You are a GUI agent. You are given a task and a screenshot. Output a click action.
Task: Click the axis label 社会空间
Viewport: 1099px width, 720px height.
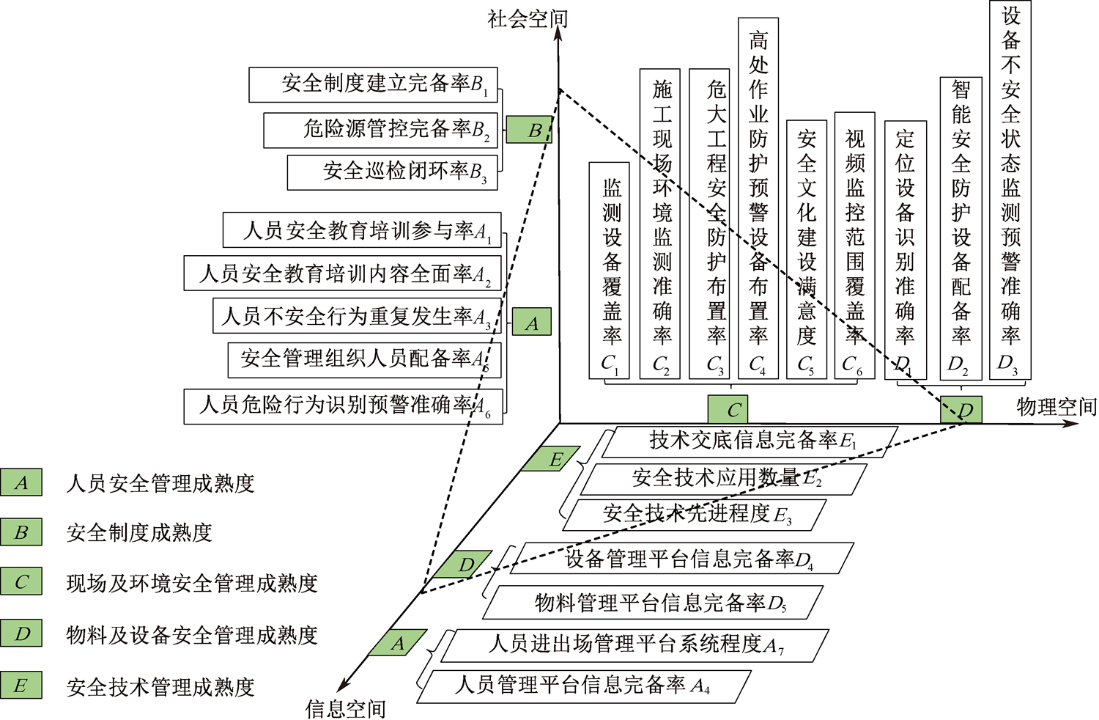527,19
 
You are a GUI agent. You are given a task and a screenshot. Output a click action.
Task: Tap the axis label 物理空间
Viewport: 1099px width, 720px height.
1056,408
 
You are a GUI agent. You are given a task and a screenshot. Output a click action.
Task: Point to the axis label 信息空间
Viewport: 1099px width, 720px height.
345,708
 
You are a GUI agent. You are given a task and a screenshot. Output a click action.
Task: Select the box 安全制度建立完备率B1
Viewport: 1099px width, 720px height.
374,85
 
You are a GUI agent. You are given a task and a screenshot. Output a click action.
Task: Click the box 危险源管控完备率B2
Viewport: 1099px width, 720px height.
381,130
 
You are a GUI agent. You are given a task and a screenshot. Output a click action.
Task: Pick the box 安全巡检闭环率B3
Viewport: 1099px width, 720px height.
393,172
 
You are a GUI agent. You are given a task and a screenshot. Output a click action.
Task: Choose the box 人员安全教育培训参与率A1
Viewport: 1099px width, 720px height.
362,231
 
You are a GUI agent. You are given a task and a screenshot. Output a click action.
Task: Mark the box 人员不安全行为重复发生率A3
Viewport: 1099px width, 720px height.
357,316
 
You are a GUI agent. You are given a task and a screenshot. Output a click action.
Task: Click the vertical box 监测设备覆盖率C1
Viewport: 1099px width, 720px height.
610,270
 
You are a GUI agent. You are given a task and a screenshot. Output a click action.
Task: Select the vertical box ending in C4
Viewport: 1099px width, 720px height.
758,198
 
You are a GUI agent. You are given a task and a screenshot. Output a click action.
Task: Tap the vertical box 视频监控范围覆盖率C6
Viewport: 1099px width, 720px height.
854,246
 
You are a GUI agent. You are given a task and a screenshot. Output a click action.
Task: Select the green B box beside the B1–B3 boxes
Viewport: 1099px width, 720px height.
529,131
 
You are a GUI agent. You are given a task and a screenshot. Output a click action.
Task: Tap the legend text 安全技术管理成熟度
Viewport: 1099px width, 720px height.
160,687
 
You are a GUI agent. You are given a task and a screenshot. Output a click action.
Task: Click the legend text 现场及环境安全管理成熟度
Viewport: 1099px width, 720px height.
192,584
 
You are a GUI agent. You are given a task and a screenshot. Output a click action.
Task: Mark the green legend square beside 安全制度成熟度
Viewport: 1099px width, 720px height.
21,532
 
